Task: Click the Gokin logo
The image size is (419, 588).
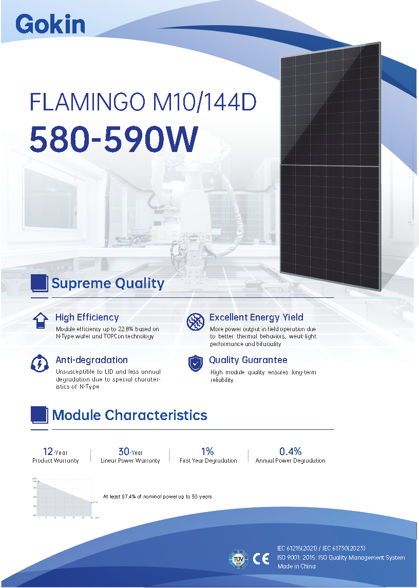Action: coord(50,24)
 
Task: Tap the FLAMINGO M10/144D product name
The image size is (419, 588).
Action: coord(143,102)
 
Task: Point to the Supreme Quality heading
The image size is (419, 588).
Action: coord(108,283)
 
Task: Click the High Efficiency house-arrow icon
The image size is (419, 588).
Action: coord(40,320)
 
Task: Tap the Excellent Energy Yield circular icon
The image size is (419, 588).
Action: coord(195,321)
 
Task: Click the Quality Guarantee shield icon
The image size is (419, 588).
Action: coord(195,363)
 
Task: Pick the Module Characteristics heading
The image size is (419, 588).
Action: coord(129,415)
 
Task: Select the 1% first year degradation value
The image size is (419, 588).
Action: coord(207,451)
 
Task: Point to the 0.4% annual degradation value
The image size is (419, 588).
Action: coord(290,451)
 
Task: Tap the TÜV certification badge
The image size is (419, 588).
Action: coord(238,558)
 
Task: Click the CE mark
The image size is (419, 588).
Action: coord(261,558)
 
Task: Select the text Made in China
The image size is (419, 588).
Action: coord(297,566)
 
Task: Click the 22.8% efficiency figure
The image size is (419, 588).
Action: coord(127,329)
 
